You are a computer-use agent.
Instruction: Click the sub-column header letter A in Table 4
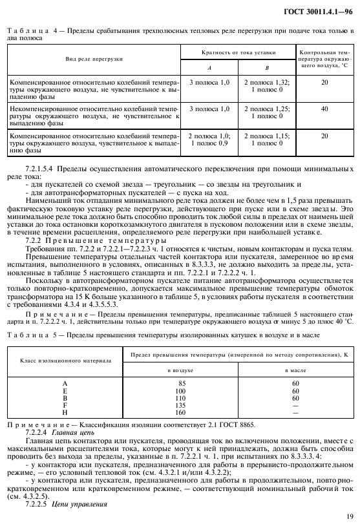209,67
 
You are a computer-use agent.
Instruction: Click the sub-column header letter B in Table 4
266,67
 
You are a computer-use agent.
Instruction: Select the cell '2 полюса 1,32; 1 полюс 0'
266,87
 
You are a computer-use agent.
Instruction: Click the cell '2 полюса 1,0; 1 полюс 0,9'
209,140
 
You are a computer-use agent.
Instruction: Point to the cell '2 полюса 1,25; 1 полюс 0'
266,113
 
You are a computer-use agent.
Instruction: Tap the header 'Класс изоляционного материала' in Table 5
65,359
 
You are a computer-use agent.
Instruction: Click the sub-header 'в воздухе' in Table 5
180,370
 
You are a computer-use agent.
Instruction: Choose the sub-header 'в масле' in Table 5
295,370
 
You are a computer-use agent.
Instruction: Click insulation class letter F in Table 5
65,405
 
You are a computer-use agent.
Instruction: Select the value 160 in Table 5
180,412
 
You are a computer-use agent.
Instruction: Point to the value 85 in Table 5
180,384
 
